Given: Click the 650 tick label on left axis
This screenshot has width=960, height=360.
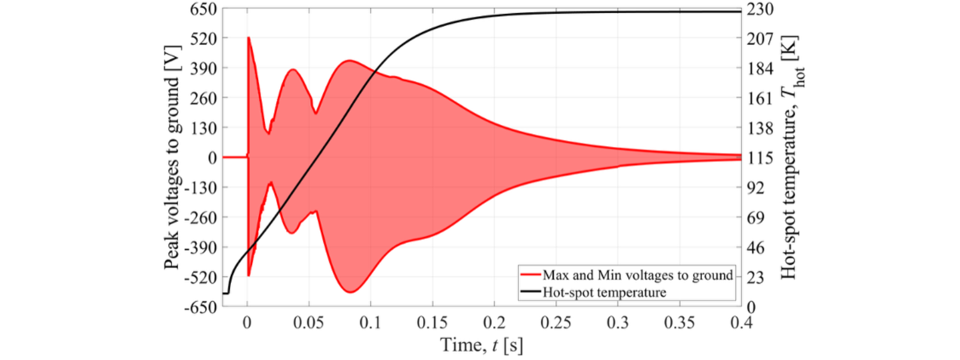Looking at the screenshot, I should [203, 9].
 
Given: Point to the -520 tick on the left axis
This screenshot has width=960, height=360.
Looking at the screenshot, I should [200, 277].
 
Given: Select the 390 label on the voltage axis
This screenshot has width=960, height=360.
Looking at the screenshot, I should [203, 68].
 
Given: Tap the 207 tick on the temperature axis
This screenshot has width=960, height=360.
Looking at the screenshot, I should [760, 39].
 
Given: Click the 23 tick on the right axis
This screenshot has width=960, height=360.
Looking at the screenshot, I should [756, 277].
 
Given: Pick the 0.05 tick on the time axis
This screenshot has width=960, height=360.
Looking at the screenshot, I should [308, 323].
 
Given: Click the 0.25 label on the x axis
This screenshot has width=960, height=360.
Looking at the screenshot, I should [556, 323].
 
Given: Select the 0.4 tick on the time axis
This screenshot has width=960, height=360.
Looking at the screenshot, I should [742, 323].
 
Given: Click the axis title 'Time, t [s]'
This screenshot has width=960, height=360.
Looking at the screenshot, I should [481, 345].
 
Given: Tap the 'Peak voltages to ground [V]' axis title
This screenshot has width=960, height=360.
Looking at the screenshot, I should [172, 157].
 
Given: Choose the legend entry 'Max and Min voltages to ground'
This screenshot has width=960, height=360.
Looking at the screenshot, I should [638, 275].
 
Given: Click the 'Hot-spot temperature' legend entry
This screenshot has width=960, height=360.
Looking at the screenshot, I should [604, 292].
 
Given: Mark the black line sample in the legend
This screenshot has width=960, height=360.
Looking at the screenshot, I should [530, 292].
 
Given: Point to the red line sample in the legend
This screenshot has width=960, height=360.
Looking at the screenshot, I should [530, 275].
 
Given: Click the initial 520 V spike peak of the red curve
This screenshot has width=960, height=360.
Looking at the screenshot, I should [248, 38].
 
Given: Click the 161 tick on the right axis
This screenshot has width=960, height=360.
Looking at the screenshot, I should [760, 98].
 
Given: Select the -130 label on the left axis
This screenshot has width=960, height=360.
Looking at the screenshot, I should [200, 188].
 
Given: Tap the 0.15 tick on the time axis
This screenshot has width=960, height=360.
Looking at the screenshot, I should [432, 323].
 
